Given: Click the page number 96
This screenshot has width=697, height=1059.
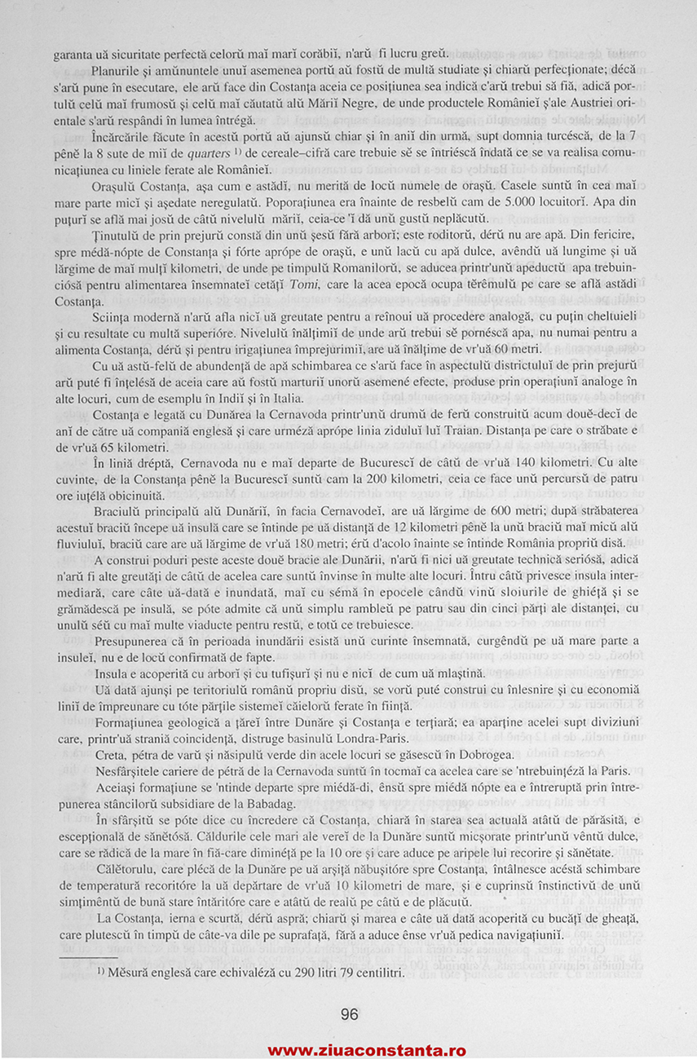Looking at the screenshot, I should click(349, 1014).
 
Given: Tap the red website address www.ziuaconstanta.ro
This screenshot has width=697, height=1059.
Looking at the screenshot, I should click(366, 1050).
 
